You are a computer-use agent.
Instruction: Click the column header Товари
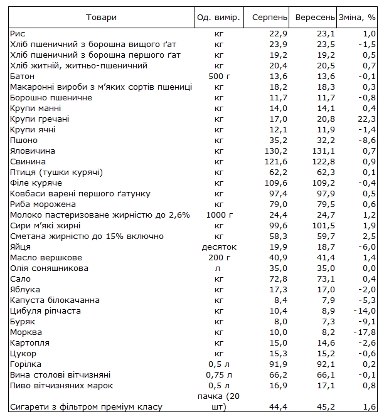click(x=101, y=16)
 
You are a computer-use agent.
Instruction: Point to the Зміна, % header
click(x=357, y=16)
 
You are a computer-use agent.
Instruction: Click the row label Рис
click(x=18, y=33)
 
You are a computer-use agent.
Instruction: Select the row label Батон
click(x=23, y=76)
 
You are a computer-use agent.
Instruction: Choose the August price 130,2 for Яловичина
click(x=276, y=151)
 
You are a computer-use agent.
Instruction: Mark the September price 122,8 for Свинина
click(x=320, y=162)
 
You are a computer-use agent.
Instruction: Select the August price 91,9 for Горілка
click(x=279, y=364)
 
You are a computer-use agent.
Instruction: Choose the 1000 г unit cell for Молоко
click(x=219, y=215)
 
